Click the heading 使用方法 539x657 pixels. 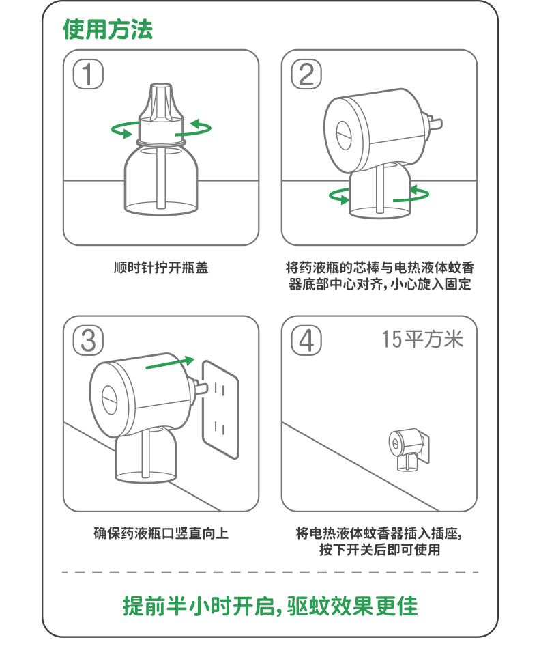click(x=108, y=29)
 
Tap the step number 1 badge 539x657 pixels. click(x=88, y=74)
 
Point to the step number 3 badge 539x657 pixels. click(x=88, y=340)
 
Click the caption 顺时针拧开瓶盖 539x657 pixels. click(x=160, y=267)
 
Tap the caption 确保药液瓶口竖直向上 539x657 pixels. click(x=160, y=533)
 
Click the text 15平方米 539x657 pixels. click(x=422, y=339)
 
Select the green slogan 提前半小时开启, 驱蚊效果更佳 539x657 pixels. click(x=269, y=605)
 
